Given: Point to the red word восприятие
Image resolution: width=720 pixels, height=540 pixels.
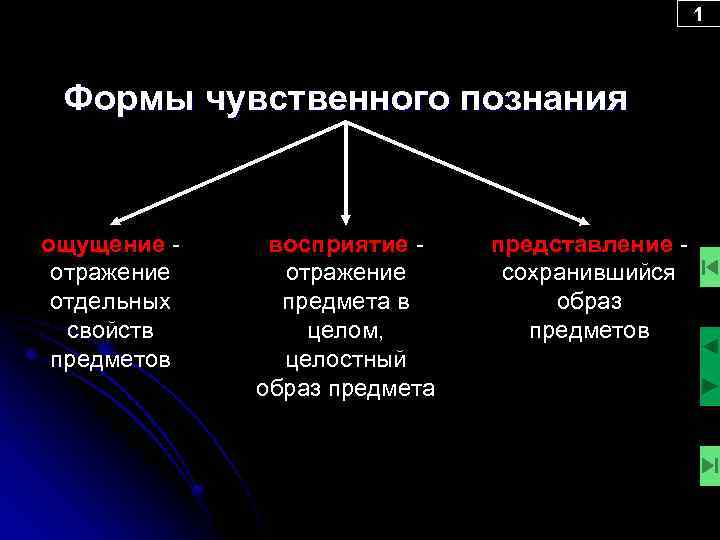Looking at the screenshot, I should tap(338, 244).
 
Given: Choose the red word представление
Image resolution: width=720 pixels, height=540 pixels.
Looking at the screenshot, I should tap(581, 244).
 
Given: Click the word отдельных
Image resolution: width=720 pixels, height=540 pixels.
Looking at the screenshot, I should tap(110, 301).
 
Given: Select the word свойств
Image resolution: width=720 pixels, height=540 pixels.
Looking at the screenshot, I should tap(110, 330).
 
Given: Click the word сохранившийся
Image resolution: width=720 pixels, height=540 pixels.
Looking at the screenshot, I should tap(589, 272).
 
